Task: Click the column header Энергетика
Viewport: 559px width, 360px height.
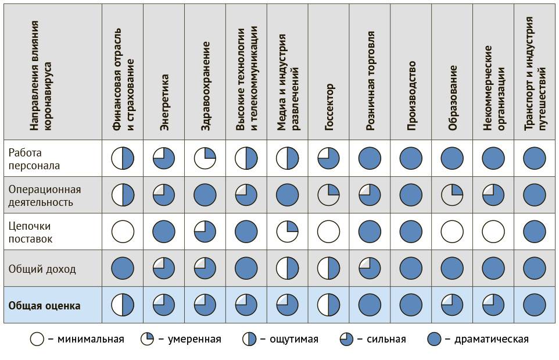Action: click(164, 102)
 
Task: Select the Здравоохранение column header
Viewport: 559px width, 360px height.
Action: click(205, 94)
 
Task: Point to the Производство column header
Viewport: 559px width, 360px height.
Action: click(411, 95)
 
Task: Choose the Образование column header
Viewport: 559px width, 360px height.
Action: click(453, 97)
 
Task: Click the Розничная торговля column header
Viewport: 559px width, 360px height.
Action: click(370, 81)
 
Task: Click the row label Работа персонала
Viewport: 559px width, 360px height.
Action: click(34, 159)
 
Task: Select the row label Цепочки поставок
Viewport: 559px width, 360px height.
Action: click(30, 232)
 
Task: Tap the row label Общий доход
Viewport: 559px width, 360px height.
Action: click(42, 269)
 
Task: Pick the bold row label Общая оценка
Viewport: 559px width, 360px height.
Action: click(44, 305)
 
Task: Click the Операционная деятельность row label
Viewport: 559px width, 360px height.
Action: click(45, 195)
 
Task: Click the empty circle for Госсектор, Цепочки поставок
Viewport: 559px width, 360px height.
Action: click(329, 231)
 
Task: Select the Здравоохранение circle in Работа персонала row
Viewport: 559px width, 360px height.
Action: click(205, 158)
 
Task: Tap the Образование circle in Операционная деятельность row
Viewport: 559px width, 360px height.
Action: click(453, 195)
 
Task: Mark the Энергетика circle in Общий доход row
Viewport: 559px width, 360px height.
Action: click(164, 268)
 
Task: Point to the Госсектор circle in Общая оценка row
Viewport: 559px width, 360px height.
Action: click(329, 305)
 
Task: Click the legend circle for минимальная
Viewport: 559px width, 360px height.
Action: click(37, 339)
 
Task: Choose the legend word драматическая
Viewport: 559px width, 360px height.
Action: click(491, 339)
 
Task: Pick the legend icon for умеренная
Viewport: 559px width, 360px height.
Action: click(147, 339)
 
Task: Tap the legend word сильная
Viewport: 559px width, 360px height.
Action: click(386, 339)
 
